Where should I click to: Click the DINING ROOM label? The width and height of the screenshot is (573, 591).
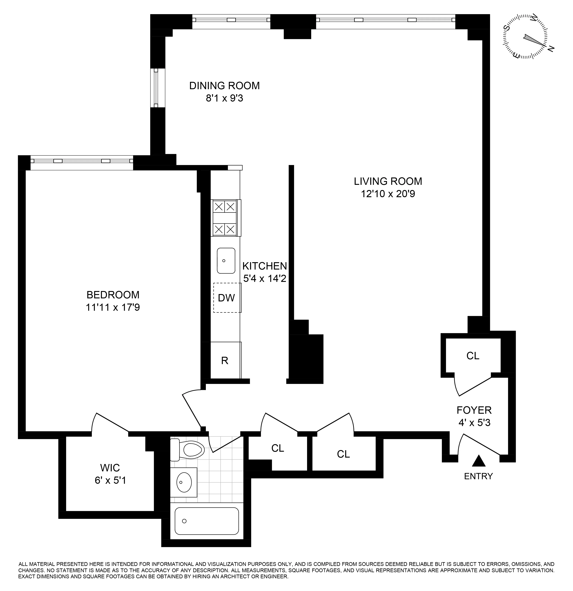coord(224,86)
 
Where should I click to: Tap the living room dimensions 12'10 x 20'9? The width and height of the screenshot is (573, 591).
coord(388,194)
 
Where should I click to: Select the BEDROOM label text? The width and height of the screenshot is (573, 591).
coord(113,295)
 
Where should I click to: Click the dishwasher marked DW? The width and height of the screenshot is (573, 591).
coord(226,298)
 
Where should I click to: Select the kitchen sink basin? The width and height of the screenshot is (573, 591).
coord(226,261)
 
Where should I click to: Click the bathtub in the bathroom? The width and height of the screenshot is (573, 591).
coord(207,521)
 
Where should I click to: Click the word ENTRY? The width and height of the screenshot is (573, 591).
coord(478,476)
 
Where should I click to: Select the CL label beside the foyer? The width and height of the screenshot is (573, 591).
coord(472,356)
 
